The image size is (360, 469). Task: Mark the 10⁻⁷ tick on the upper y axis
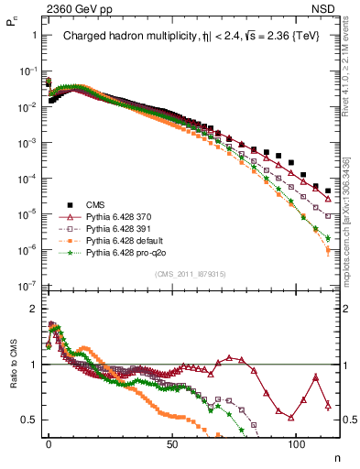pos(29,285)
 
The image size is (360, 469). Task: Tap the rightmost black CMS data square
pos(328,191)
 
